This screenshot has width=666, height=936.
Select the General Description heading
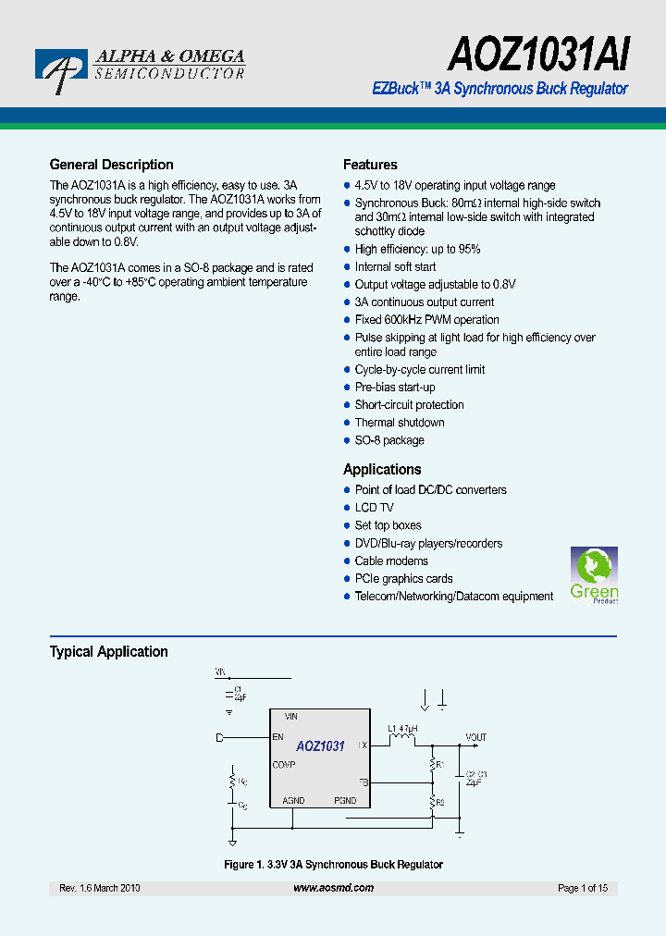tap(111, 165)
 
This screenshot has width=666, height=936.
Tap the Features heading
tap(370, 165)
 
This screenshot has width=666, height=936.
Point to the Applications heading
tap(382, 469)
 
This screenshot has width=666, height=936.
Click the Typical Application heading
tap(108, 651)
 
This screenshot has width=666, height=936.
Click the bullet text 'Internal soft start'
tap(395, 266)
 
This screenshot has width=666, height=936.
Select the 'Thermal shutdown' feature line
tap(400, 422)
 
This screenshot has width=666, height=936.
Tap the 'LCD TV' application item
tap(374, 507)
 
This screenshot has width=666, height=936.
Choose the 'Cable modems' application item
tap(391, 560)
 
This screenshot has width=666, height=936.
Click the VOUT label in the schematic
tap(475, 737)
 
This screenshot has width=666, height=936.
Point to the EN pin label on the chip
tap(277, 737)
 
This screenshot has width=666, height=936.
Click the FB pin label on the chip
tap(363, 782)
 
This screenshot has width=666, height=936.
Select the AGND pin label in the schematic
tap(292, 800)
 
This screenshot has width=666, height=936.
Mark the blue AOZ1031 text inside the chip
tap(320, 746)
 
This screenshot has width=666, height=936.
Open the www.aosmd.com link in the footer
tap(333, 888)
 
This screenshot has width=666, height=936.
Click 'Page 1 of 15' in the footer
tap(583, 888)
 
